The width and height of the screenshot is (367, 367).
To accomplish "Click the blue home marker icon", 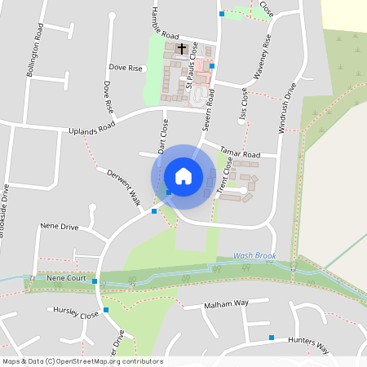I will (183, 176).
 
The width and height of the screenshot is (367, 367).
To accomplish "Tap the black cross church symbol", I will (181, 48).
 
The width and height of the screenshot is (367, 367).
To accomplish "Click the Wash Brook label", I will (254, 255).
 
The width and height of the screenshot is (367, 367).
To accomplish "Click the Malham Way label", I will (226, 303).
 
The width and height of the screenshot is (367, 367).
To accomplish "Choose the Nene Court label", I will (66, 278).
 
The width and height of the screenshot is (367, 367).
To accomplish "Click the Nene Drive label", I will (60, 226).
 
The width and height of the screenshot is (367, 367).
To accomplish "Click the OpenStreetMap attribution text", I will (82, 361).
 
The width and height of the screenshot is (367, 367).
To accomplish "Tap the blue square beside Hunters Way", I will (271, 337).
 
